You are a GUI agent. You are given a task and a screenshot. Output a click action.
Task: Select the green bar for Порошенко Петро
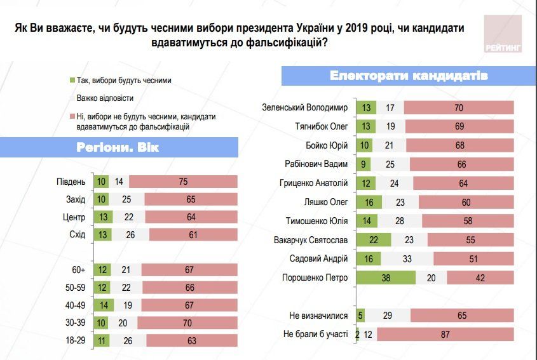click(386, 278)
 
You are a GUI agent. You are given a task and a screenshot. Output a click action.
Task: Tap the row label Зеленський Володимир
click(306, 108)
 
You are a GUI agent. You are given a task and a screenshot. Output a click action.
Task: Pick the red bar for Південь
click(183, 182)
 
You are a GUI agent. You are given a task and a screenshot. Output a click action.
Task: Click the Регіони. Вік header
click(119, 149)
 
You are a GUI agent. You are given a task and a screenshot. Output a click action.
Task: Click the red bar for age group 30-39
click(187, 323)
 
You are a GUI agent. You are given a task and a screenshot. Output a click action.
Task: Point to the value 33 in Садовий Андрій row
click(407, 259)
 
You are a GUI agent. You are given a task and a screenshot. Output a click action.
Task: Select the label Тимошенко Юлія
click(315, 222)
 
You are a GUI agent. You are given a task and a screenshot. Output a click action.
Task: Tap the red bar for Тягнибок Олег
click(458, 126)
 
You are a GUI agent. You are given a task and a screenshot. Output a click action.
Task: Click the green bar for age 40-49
click(103, 305)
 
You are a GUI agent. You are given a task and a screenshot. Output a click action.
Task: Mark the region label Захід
click(76, 199)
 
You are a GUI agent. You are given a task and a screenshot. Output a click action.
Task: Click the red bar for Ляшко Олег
click(466, 203)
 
